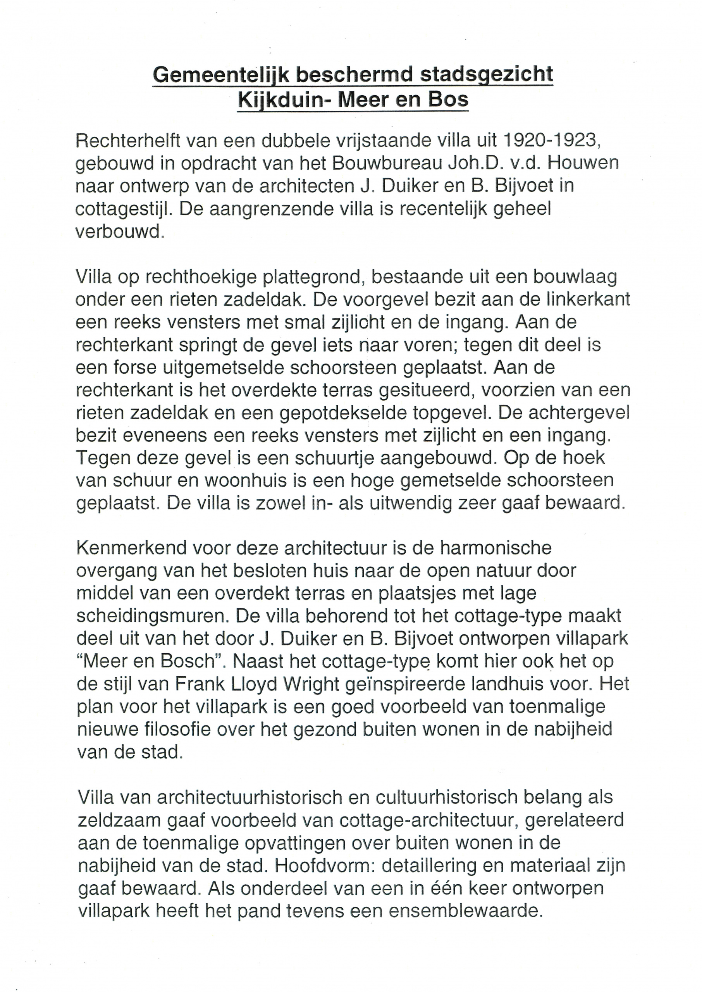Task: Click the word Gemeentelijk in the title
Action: (x=222, y=74)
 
